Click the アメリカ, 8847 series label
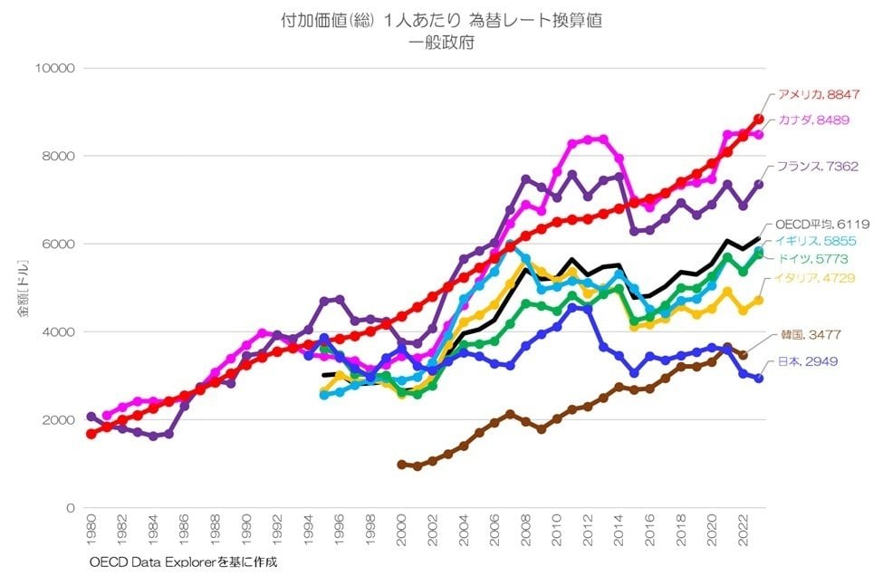click(818, 94)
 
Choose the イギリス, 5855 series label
click(811, 240)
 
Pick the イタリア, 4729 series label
click(812, 278)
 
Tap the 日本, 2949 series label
click(804, 361)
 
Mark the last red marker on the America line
click(759, 119)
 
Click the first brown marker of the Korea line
click(402, 465)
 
